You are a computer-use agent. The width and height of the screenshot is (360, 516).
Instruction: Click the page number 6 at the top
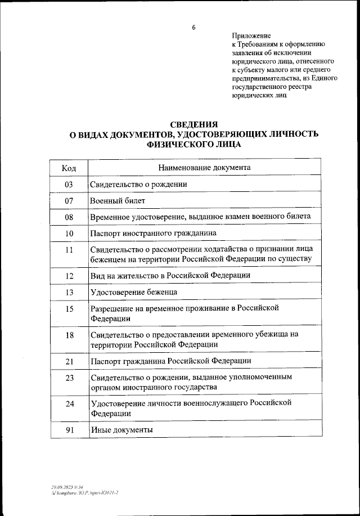click(x=193, y=27)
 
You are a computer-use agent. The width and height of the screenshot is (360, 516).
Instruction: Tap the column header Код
click(x=69, y=168)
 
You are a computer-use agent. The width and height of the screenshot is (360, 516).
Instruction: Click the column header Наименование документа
click(x=204, y=168)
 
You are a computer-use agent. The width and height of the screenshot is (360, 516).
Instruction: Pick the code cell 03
click(x=69, y=184)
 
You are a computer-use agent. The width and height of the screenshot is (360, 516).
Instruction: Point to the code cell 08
click(x=69, y=217)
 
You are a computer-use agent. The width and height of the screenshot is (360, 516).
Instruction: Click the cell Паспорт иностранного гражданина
click(x=153, y=233)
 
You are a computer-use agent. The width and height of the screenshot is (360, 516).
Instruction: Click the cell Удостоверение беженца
click(x=133, y=292)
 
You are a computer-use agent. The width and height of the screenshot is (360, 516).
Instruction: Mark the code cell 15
click(x=69, y=308)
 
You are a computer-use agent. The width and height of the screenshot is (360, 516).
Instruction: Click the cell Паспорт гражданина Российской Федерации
click(x=170, y=361)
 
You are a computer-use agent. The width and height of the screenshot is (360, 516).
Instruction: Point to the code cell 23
click(x=69, y=378)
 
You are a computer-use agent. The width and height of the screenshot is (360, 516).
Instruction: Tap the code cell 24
click(x=69, y=403)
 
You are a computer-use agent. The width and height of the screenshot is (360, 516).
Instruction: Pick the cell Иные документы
click(x=121, y=430)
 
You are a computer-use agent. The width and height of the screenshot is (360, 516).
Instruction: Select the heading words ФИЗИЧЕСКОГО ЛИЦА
click(x=193, y=144)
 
